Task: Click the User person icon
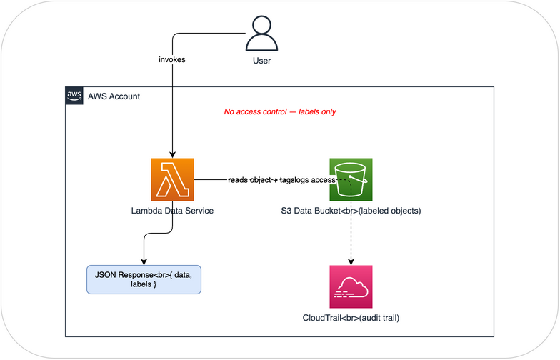pos(261,33)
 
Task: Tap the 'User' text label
pos(261,61)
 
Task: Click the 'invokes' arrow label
pos(171,59)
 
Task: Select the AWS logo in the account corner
pos(74,96)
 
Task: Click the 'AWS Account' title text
pos(114,96)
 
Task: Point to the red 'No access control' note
pos(280,112)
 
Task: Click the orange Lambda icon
pos(172,179)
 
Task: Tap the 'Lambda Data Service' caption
pos(172,211)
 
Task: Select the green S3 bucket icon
pos(350,179)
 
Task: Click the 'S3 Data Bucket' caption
pos(350,211)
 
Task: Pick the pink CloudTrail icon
pos(350,286)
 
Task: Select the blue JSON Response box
pos(144,278)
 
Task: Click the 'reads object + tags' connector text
pos(260,180)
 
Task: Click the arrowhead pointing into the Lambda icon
pos(172,154)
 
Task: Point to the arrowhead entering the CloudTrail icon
pos(350,261)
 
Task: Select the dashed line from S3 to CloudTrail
pos(350,229)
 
